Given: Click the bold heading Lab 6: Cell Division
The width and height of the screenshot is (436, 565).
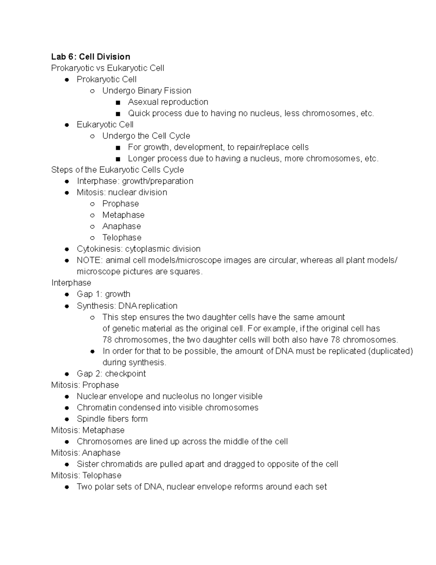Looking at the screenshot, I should tap(90, 57).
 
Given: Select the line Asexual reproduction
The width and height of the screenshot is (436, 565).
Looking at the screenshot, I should tap(168, 102).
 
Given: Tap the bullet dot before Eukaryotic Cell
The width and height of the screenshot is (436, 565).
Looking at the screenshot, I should tap(66, 125).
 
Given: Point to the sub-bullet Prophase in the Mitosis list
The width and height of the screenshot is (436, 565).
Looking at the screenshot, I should tap(120, 204).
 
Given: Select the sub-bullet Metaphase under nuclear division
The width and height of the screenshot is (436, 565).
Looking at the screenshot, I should tap(123, 215).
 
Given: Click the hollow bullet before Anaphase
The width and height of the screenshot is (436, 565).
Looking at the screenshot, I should tap(92, 227).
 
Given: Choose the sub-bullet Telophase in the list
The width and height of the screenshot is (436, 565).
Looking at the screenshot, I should tap(122, 238).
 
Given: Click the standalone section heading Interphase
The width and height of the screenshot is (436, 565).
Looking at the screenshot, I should tap(71, 283).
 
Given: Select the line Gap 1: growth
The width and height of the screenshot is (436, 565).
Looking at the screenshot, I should tap(103, 294).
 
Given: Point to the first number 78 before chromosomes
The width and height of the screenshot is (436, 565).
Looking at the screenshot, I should tap(107, 340).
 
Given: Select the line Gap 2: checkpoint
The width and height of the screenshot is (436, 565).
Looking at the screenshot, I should tap(111, 374).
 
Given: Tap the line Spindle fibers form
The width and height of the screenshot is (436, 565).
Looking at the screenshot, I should tap(112, 419).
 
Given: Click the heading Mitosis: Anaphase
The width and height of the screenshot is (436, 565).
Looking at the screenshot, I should tap(86, 453).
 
